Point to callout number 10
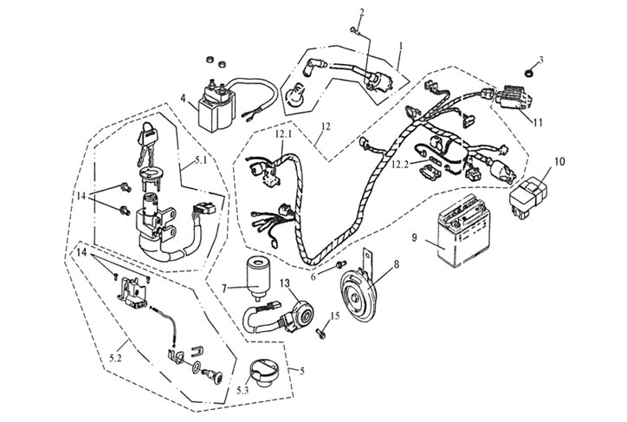coord(559,162)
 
